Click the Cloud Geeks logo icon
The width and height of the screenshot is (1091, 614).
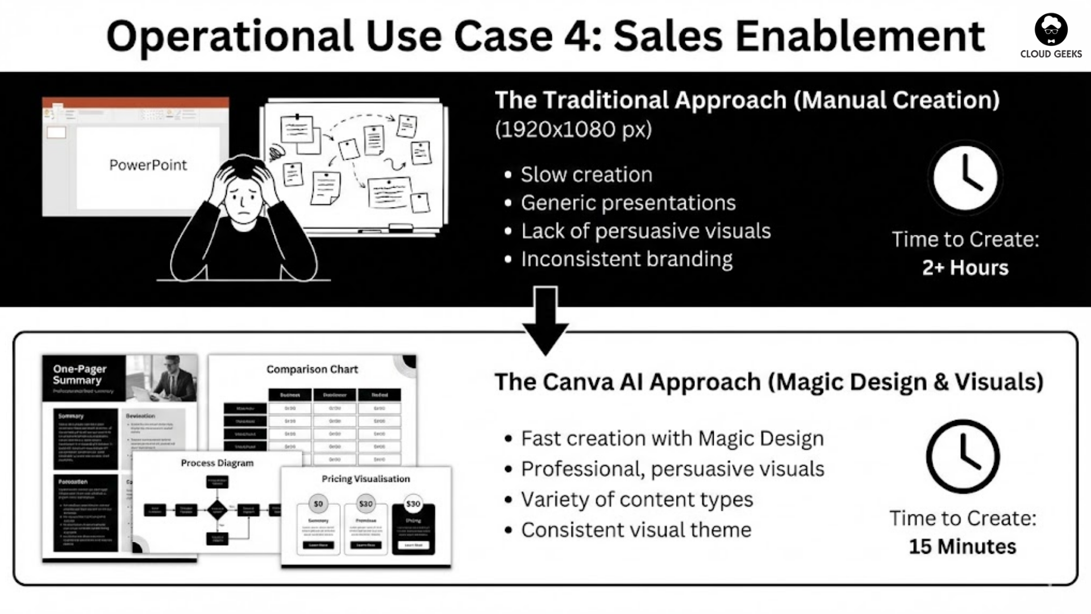coord(1051,30)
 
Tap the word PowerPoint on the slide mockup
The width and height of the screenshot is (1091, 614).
coord(148,165)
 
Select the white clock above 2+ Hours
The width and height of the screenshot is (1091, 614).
coord(965,177)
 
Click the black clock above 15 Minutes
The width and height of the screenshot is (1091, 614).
coord(963,456)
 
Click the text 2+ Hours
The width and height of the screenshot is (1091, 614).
coord(965,267)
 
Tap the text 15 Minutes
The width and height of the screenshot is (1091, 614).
coord(963,546)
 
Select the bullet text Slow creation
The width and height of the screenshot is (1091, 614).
coord(586,175)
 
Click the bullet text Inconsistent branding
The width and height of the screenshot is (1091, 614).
coord(627,259)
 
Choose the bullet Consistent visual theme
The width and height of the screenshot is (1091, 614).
coord(636,530)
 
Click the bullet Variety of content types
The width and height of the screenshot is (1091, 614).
coord(636,499)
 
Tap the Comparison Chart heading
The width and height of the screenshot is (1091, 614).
coord(312,370)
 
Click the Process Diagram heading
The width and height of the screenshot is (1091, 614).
coord(217,463)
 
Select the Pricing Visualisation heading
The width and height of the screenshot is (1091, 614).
coord(365,479)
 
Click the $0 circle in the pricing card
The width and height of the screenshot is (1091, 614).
coord(318,504)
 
